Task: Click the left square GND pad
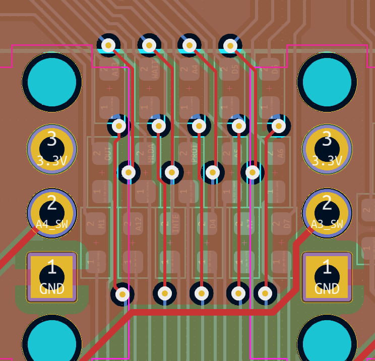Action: point(51,277)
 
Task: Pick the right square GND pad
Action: point(327,277)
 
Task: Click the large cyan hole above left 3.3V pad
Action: point(51,82)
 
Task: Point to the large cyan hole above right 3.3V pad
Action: point(327,82)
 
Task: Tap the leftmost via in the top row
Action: point(108,46)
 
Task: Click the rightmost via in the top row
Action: point(230,46)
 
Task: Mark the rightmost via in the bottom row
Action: point(265,293)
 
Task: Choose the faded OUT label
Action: point(108,153)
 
